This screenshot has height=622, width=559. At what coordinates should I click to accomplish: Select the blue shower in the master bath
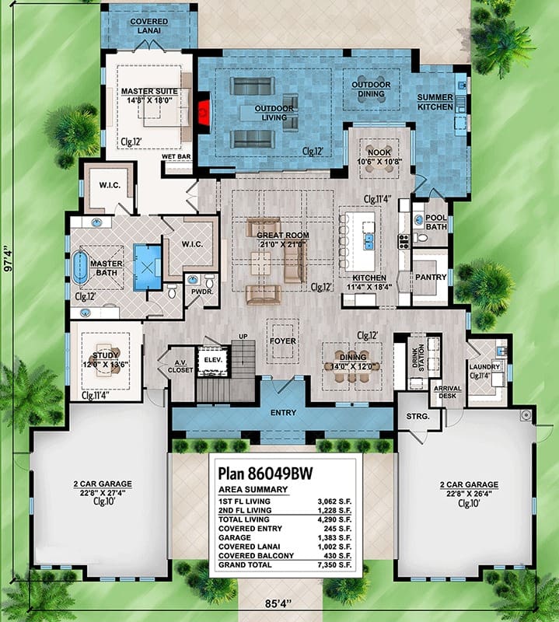(147, 267)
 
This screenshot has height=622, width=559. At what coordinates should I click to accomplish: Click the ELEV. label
(213, 360)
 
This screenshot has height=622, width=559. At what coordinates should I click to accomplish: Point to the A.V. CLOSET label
(180, 366)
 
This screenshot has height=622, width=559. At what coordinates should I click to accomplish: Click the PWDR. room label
(202, 292)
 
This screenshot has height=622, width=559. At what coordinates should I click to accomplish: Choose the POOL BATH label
(436, 222)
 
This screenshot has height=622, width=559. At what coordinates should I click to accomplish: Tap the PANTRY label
(431, 277)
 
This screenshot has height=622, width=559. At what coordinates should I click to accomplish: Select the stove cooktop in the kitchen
(404, 242)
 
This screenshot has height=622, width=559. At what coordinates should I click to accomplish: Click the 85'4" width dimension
(278, 603)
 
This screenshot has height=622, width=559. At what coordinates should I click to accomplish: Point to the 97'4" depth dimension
(7, 259)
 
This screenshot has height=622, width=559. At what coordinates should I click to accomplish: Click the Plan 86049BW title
(266, 473)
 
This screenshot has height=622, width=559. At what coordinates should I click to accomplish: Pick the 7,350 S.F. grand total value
(334, 565)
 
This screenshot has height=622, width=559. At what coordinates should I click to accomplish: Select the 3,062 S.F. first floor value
(334, 501)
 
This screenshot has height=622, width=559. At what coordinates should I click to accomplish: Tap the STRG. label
(418, 417)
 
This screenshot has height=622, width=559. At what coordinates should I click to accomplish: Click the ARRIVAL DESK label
(448, 392)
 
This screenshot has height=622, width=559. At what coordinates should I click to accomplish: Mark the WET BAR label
(176, 157)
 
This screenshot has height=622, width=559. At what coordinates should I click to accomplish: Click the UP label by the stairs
(243, 337)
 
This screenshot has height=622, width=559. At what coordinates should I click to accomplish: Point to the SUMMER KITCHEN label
(435, 102)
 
